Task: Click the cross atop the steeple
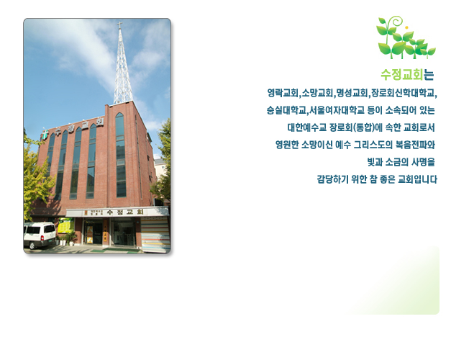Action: [119, 25]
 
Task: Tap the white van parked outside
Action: [40, 235]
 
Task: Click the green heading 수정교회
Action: [402, 75]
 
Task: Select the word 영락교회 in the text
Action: [283, 93]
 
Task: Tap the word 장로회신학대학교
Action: [403, 93]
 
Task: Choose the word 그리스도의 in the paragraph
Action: [373, 145]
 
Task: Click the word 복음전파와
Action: [415, 145]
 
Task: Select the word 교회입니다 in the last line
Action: [417, 179]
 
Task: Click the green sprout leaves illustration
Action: [406, 37]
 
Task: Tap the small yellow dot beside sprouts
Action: [406, 27]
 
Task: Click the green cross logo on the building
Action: [45, 135]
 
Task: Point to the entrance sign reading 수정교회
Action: [125, 212]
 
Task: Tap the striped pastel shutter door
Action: [155, 235]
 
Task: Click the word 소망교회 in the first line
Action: [317, 93]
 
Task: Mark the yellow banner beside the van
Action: [66, 225]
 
